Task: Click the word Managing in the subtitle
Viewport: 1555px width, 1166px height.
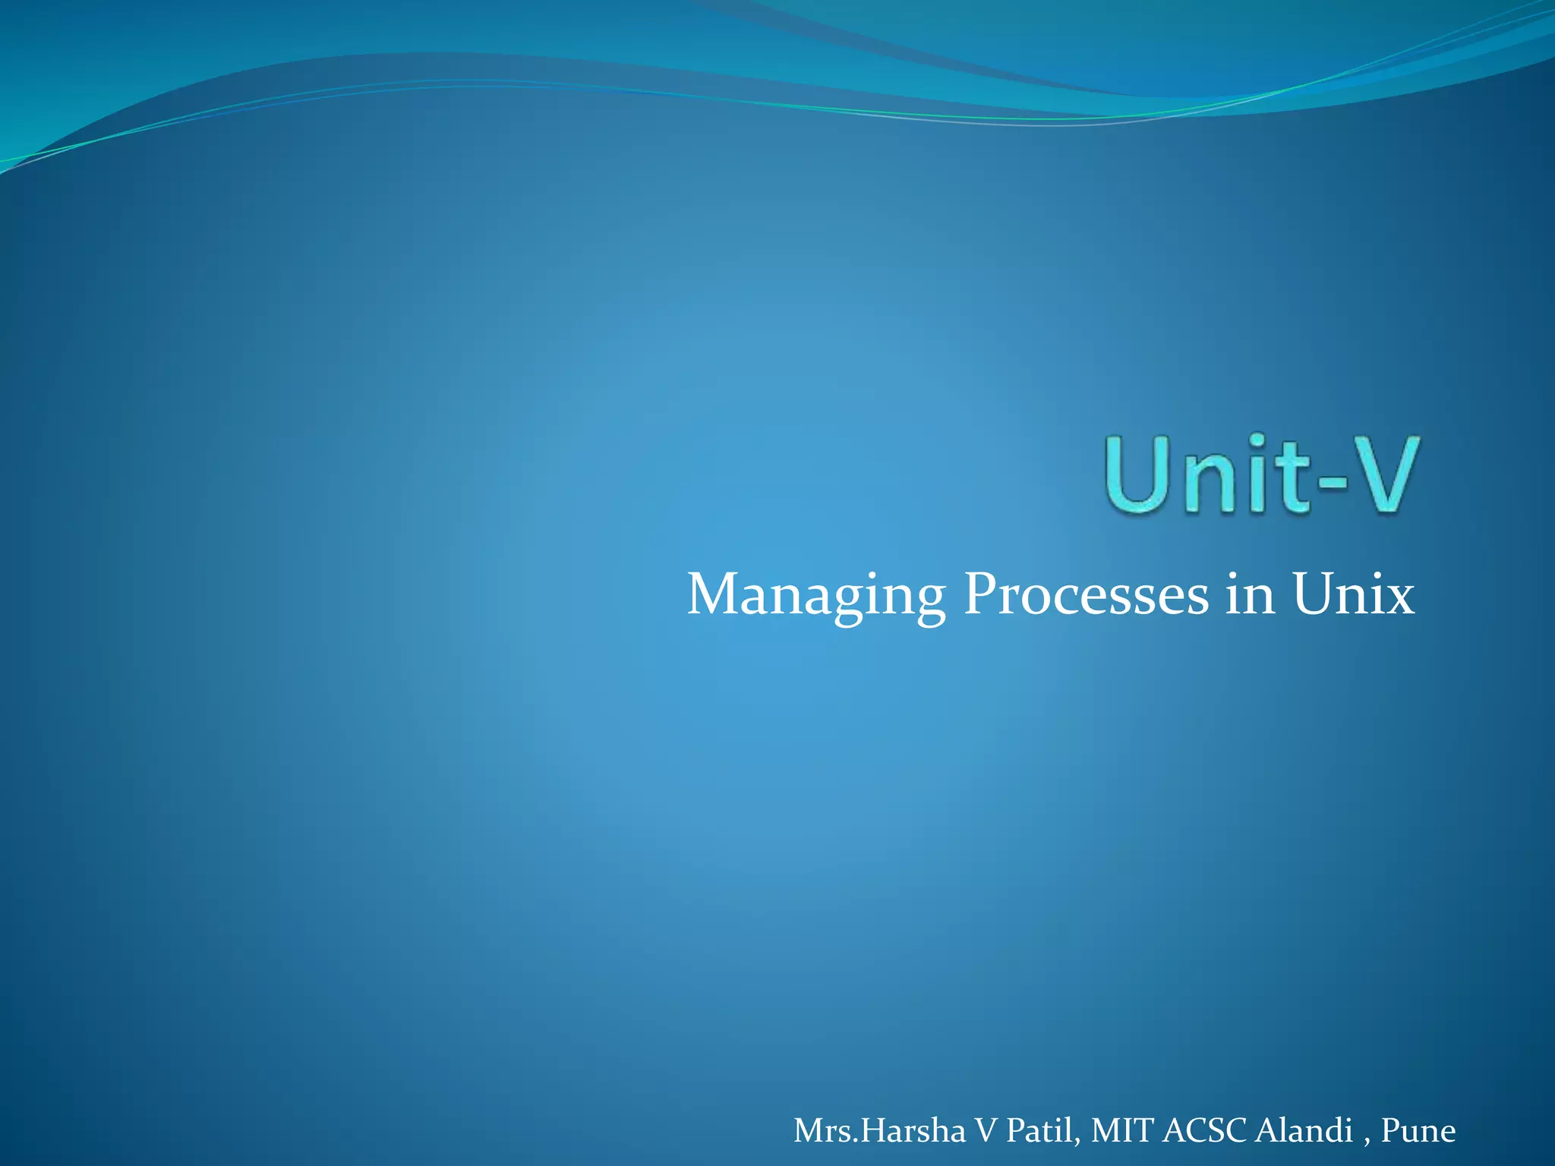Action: [816, 597]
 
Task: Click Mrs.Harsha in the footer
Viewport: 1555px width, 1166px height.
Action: [879, 1130]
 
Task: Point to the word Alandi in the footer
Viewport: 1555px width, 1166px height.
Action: [1304, 1130]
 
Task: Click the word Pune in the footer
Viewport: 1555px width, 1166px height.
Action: [1418, 1130]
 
